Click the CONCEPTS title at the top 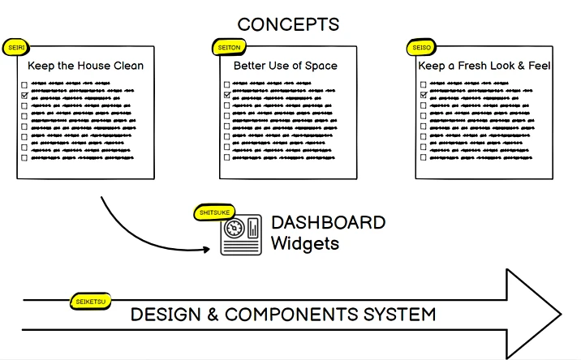click(288, 24)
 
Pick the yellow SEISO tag click(421, 48)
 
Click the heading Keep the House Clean click(85, 66)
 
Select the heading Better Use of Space click(285, 66)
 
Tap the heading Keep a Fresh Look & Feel click(484, 66)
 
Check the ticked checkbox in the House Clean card click(24, 95)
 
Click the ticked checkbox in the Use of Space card click(226, 95)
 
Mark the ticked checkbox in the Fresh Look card click(424, 95)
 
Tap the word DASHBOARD click(328, 223)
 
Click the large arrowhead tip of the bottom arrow click(560, 313)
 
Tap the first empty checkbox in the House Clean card click(24, 84)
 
